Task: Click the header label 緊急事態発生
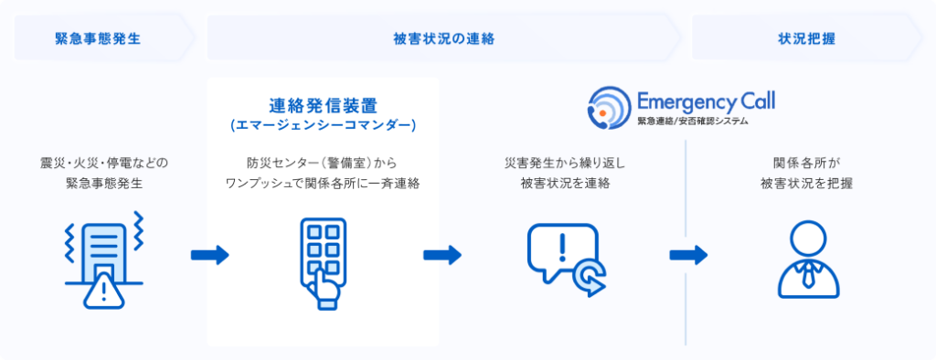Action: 98,39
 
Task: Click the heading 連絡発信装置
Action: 324,103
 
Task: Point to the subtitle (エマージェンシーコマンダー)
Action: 324,123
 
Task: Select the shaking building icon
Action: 101,256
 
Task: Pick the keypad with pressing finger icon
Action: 324,259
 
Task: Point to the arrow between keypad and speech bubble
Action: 442,255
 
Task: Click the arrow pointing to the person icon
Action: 689,255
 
